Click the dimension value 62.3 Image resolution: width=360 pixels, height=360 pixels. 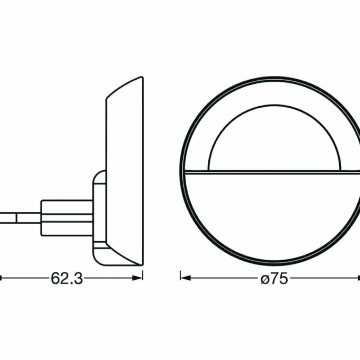pos(67,279)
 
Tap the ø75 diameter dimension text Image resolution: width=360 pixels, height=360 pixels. pos(274,279)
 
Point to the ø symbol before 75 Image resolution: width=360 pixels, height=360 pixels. pos(265,279)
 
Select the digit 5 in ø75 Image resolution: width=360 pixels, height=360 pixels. pos(283,279)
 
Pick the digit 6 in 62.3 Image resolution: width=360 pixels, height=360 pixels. pos(55,279)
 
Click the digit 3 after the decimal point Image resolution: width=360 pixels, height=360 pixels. pos(78,279)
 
